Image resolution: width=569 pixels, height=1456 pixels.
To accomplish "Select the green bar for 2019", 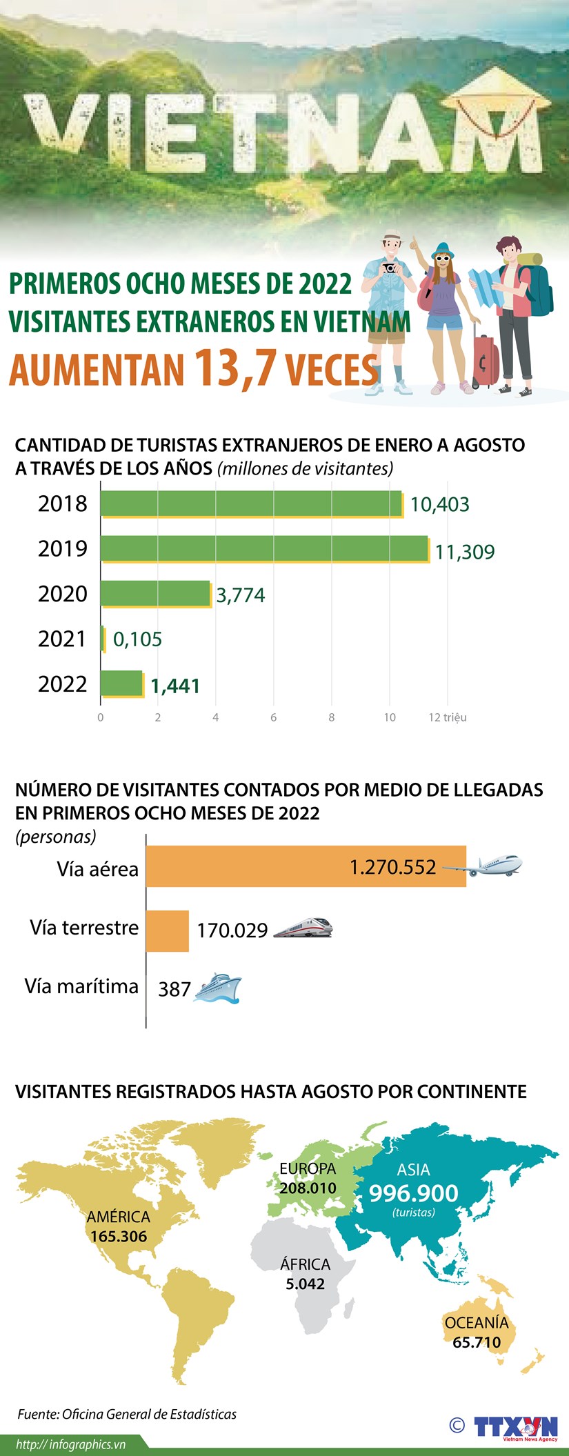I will click(x=264, y=548).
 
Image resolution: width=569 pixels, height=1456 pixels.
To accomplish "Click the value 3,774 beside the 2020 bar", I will click(x=240, y=595).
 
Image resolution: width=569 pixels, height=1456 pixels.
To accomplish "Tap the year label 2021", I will click(x=63, y=639).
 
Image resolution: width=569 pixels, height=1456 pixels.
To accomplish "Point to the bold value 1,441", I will click(x=175, y=686).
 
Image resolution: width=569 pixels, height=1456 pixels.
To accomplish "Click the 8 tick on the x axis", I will click(x=331, y=717).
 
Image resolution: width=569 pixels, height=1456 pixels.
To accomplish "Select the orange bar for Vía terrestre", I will click(x=168, y=930).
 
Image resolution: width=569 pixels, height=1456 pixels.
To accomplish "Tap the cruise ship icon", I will click(x=218, y=988).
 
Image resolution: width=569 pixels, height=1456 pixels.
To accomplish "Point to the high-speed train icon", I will click(x=303, y=928).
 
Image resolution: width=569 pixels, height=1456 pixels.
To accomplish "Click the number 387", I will click(x=174, y=990).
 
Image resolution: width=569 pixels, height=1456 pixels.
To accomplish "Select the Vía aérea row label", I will click(x=97, y=869).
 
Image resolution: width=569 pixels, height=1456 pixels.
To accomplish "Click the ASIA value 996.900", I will click(x=413, y=1193).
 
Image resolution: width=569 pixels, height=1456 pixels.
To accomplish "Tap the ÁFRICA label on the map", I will click(x=305, y=1264).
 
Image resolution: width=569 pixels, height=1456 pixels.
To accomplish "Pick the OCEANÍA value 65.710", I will click(x=476, y=1342).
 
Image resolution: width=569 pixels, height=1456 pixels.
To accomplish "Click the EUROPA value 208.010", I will click(x=308, y=1188).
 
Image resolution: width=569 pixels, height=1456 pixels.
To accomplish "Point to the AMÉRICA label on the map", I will click(x=118, y=1217).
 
